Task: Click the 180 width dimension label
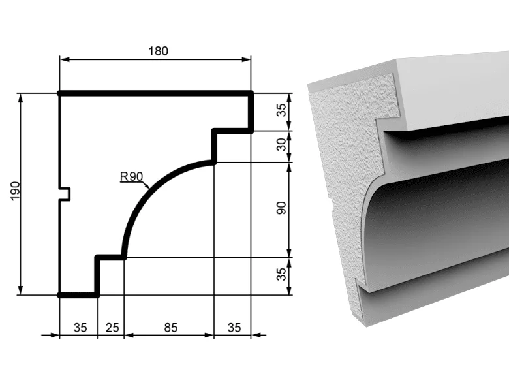(x=159, y=51)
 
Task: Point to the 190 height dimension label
(x=15, y=191)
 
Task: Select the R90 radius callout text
(x=131, y=176)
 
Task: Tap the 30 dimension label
(x=282, y=144)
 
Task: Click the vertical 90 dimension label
(x=282, y=208)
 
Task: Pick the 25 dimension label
(x=112, y=328)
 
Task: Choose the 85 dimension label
(x=171, y=328)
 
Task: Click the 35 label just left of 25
(x=80, y=328)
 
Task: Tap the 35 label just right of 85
(x=234, y=328)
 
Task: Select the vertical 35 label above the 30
(x=282, y=110)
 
